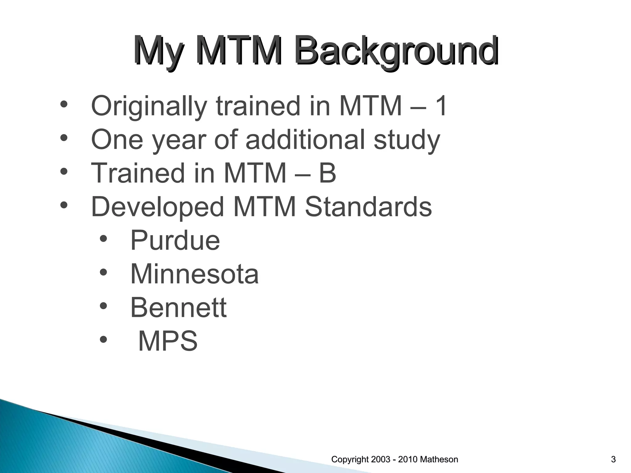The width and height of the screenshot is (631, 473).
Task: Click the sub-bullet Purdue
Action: click(175, 240)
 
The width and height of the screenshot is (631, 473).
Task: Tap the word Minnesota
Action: click(194, 274)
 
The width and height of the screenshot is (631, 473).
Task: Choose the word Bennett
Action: click(178, 307)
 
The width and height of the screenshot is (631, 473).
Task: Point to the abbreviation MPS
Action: click(168, 341)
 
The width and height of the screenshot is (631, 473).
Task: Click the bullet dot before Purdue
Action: click(104, 239)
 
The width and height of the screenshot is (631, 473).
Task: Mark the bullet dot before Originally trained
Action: click(64, 104)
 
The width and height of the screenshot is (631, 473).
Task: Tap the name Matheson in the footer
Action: click(439, 459)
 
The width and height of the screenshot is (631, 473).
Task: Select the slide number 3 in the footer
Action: click(613, 459)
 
